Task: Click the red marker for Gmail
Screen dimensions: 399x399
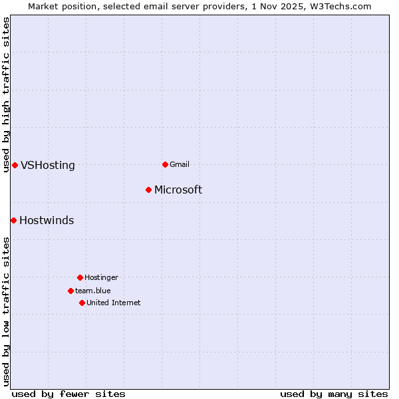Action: [165, 164]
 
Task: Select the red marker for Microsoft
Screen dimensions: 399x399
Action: [148, 190]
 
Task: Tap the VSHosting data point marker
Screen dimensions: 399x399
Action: [15, 165]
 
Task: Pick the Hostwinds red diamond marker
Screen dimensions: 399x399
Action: [13, 220]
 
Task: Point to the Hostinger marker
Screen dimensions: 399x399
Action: [80, 277]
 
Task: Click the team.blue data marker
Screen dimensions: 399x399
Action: [70, 291]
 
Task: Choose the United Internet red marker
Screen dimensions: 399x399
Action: [82, 303]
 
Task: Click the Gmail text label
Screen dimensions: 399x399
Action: [180, 164]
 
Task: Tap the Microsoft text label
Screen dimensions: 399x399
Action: [178, 190]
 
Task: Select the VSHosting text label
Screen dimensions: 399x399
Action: [48, 166]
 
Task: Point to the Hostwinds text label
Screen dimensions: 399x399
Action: [47, 221]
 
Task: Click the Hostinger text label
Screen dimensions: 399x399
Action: [101, 277]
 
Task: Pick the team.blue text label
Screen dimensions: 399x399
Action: [93, 291]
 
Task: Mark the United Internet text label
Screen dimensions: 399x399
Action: [114, 303]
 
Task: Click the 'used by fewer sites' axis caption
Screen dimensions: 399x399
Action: [68, 394]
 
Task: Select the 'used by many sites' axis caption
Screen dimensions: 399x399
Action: [334, 394]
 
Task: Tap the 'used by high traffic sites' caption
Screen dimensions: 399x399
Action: [6, 94]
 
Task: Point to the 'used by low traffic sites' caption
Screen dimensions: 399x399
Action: [6, 311]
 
